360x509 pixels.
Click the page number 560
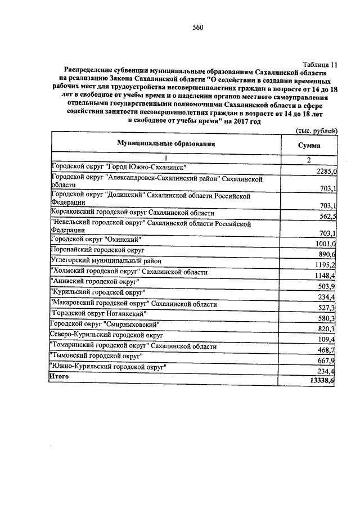click(x=197, y=28)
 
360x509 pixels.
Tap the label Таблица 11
click(x=319, y=65)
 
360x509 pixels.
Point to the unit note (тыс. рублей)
click(x=316, y=130)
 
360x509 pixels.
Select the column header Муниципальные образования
click(x=166, y=144)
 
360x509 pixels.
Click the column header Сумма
click(x=309, y=145)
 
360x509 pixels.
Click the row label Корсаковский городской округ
click(x=132, y=213)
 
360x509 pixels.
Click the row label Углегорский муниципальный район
click(x=106, y=261)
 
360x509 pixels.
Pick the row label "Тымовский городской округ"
click(x=96, y=356)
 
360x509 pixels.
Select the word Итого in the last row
click(x=59, y=376)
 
